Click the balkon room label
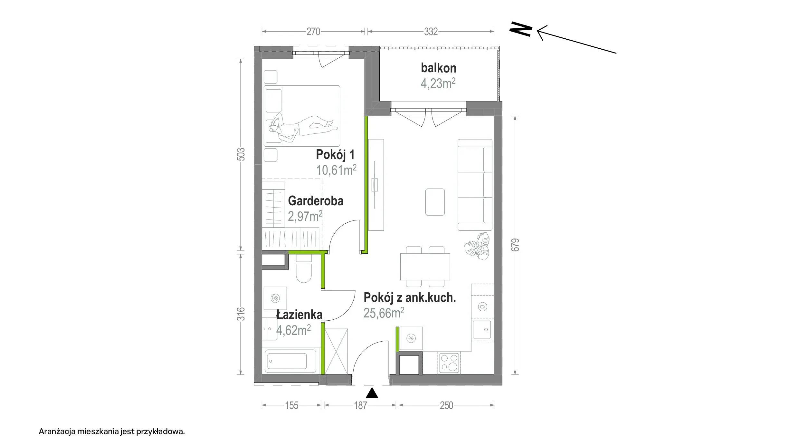(x=438, y=68)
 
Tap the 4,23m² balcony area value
(x=438, y=83)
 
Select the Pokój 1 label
(x=335, y=154)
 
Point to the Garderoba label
(x=316, y=201)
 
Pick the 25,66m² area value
(x=384, y=313)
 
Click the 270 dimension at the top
(x=313, y=32)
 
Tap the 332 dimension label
(x=431, y=32)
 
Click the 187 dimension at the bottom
(x=360, y=405)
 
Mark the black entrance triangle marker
(x=372, y=393)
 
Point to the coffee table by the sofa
(x=435, y=202)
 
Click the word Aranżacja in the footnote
(x=57, y=432)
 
